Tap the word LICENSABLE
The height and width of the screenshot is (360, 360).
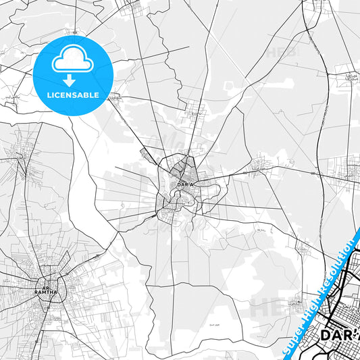[x=72, y=95]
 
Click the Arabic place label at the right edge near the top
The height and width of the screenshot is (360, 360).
[x=351, y=76]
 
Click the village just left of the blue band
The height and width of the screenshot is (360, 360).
[x=295, y=304]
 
